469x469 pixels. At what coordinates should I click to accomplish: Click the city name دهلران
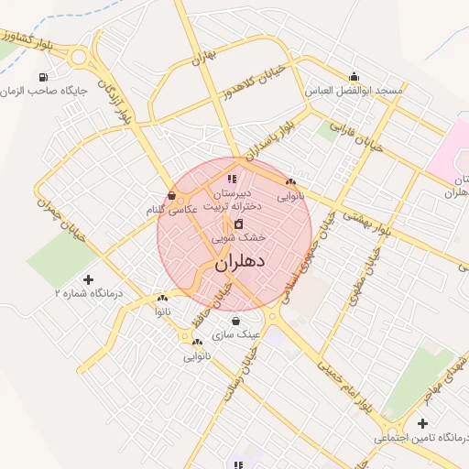point(240,262)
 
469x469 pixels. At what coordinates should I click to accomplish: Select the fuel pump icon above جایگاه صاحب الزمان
point(43,77)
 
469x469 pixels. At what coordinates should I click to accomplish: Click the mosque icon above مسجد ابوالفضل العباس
point(354,77)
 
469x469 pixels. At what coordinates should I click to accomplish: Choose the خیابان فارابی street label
point(360,137)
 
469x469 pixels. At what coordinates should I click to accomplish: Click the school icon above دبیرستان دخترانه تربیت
point(233,179)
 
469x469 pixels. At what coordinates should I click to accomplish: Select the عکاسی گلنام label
point(173,210)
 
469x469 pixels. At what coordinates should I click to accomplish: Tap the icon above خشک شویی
point(238,223)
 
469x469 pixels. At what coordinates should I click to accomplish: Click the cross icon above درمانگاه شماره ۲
point(88,279)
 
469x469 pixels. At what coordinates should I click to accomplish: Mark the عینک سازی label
point(236,334)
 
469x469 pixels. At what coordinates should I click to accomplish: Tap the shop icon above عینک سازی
point(236,321)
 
